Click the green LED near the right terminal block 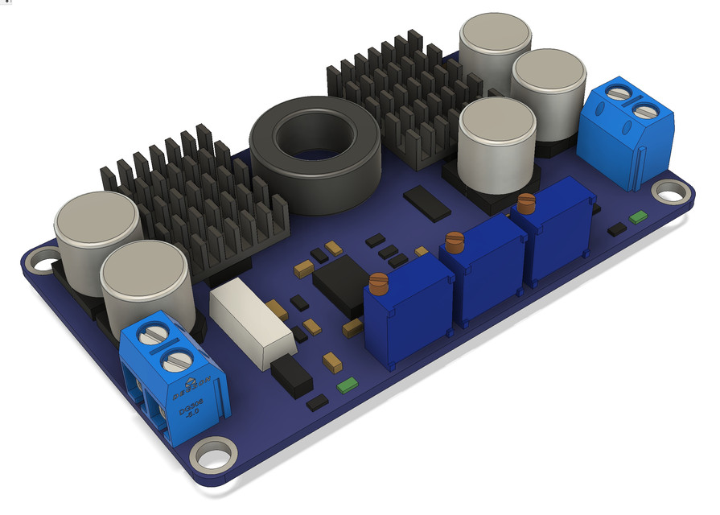point(640,216)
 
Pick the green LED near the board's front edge point(347,385)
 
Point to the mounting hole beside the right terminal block point(667,192)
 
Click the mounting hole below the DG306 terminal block point(213,453)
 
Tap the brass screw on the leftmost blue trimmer point(378,282)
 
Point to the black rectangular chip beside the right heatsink point(426,201)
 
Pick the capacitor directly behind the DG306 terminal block point(148,282)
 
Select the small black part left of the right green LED point(617,229)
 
